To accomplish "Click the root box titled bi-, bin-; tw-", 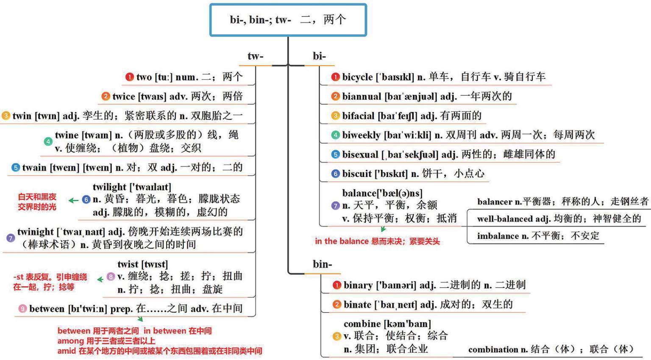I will click(288, 20).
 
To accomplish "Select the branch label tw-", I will click(255, 56).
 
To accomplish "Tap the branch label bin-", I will click(322, 264).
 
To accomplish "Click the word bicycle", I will click(357, 77).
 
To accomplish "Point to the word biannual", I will click(362, 97).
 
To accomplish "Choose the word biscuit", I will click(357, 174).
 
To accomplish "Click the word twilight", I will click(109, 187).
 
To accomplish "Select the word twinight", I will click(36, 232).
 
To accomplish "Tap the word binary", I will click(358, 285).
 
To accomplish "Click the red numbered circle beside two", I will click(129, 77).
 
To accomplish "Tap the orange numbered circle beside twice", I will click(106, 97).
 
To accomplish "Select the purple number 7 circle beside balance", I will click(335, 206).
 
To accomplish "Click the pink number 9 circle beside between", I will click(22, 309).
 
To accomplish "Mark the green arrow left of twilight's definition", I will click(73, 200).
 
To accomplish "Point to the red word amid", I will click(67, 351).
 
